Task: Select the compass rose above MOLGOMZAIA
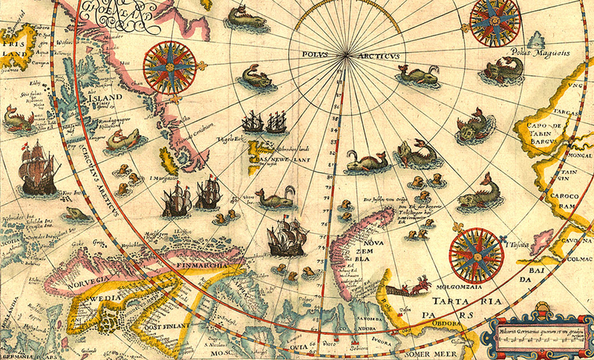(x=475, y=253)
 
